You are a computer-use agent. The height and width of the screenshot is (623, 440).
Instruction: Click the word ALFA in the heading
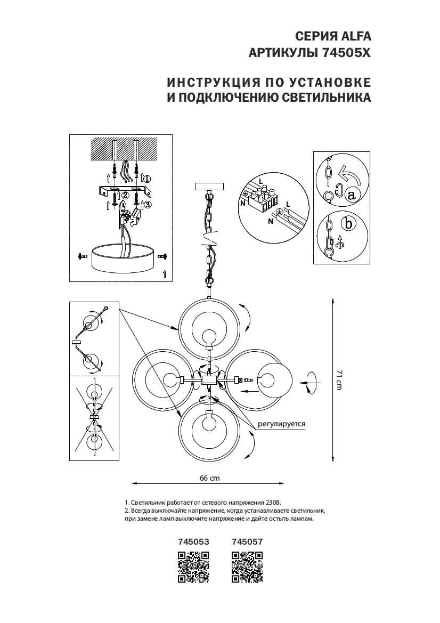(353, 36)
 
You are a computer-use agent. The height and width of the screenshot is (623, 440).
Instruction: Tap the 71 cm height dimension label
(339, 379)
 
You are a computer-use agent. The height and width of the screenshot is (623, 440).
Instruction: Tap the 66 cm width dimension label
(209, 478)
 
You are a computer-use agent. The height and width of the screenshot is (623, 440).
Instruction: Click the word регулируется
(282, 424)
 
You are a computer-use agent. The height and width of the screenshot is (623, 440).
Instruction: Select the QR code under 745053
(193, 568)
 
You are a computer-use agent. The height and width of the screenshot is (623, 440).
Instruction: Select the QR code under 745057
(248, 568)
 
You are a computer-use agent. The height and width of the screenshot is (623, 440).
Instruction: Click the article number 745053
(193, 541)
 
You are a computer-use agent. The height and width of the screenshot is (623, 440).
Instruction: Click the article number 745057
(248, 541)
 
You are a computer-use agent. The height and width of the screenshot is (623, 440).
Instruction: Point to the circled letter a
(351, 195)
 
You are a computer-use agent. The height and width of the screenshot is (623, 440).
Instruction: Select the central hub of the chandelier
(209, 380)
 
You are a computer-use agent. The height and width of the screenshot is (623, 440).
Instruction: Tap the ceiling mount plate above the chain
(210, 187)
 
